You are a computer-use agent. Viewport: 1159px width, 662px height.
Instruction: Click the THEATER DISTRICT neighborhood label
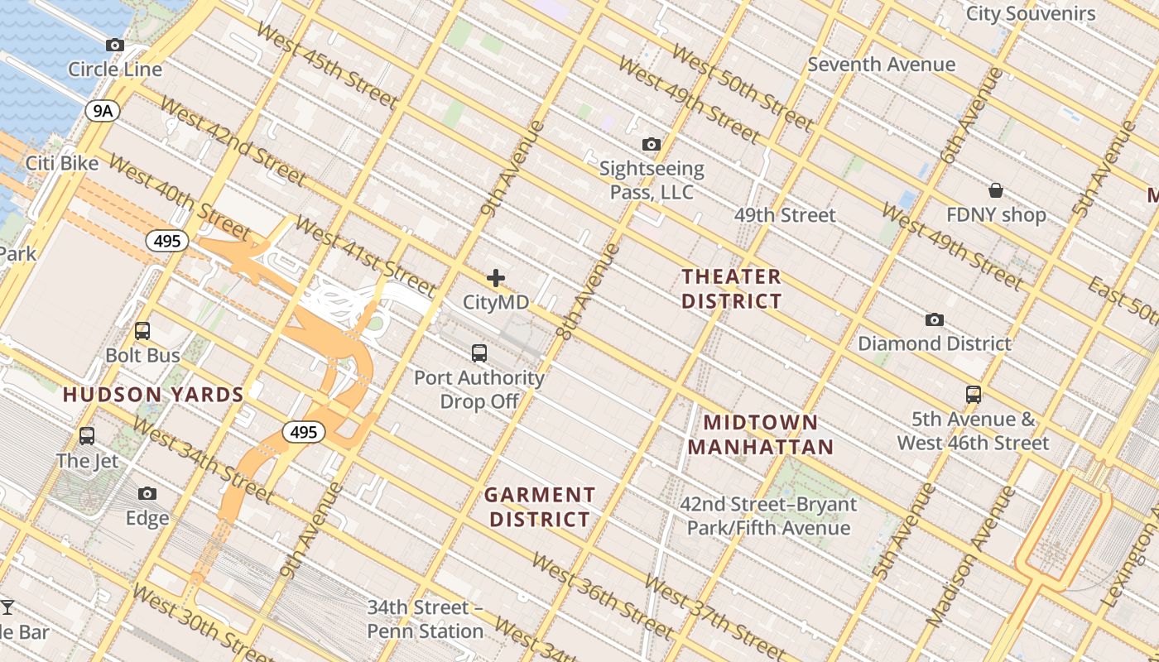tap(731, 289)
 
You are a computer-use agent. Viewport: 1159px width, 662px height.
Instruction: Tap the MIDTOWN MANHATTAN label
tap(760, 435)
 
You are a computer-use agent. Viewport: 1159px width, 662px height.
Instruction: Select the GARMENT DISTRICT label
tap(540, 507)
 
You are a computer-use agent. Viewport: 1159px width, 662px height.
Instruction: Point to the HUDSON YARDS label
tap(153, 395)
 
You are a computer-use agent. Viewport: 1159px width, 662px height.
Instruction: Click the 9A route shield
tap(102, 110)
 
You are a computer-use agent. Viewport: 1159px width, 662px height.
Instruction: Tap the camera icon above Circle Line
tap(115, 45)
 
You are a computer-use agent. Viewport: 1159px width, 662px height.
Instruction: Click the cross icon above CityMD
tap(496, 278)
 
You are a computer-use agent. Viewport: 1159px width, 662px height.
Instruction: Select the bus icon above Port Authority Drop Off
tap(479, 353)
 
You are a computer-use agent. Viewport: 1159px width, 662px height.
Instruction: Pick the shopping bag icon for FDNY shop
tap(996, 190)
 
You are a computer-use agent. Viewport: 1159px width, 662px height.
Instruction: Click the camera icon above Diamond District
tap(935, 319)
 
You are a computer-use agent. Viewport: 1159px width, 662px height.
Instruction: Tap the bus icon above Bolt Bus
tap(142, 331)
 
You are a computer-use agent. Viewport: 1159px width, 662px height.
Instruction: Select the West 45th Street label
tap(328, 65)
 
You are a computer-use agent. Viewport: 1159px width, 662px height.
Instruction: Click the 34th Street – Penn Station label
tap(426, 619)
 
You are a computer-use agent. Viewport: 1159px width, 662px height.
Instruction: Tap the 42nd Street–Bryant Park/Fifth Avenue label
tap(768, 516)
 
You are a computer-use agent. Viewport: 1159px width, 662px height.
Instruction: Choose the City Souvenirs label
tap(1031, 13)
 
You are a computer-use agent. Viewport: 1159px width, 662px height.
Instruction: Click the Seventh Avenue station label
tap(881, 64)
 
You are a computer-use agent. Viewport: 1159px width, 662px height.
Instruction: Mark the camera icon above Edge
tap(147, 494)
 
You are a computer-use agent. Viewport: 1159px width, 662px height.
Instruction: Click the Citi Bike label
tap(62, 163)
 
